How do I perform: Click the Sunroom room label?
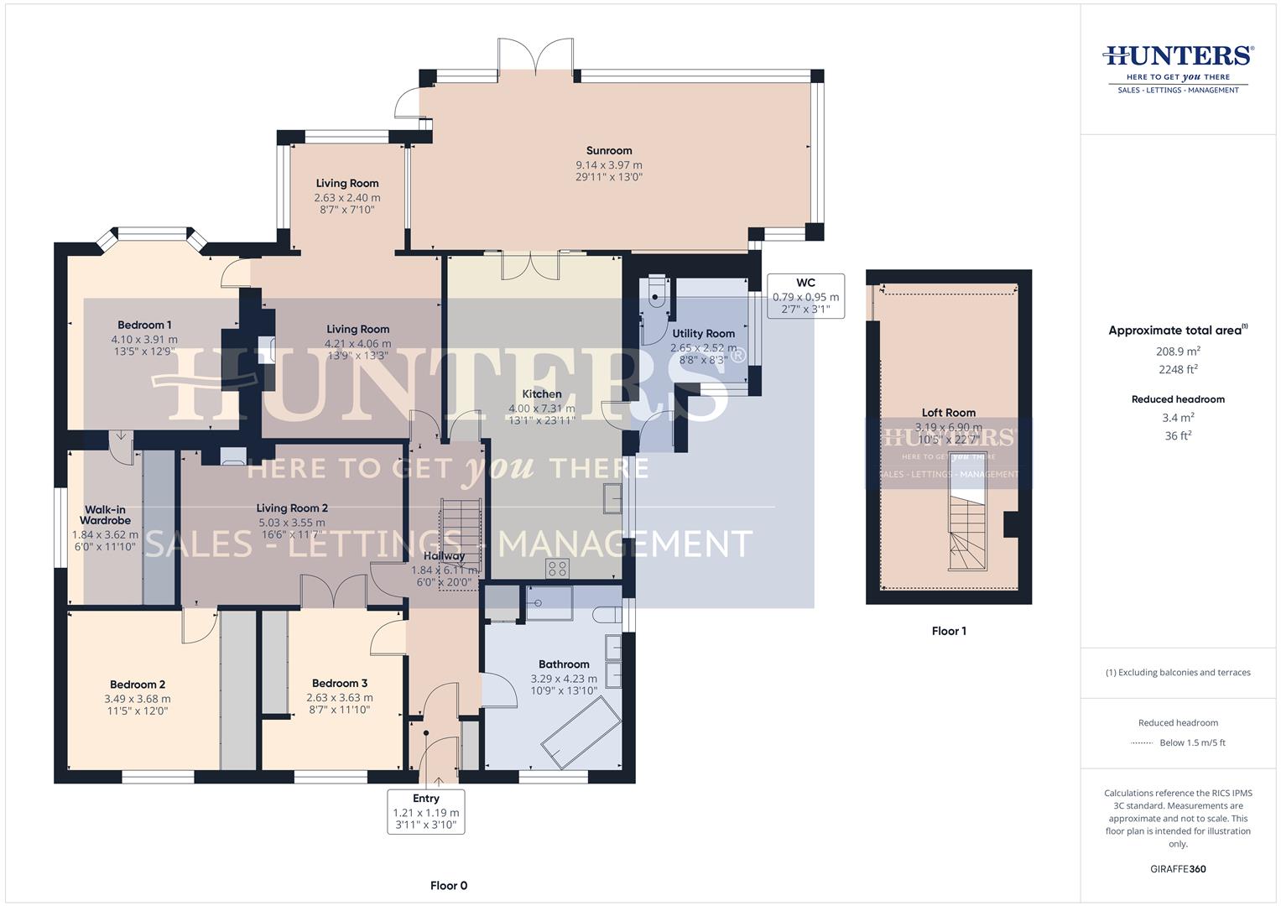pos(609,151)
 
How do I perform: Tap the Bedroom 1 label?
pos(144,325)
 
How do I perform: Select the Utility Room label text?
pos(703,333)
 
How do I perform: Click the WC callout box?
pos(805,295)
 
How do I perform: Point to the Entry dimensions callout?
pos(426,811)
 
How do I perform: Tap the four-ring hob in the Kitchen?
pos(558,569)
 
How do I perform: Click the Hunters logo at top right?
pos(1178,67)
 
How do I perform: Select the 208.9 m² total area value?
pos(1178,351)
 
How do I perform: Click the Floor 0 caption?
pos(448,885)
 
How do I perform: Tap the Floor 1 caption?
pos(949,631)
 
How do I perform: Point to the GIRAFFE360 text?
pos(1178,868)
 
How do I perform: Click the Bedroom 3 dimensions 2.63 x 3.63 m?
pos(340,697)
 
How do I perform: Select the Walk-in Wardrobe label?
pos(106,515)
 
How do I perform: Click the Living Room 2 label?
pos(292,508)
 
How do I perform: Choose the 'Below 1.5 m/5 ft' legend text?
pos(1192,742)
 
